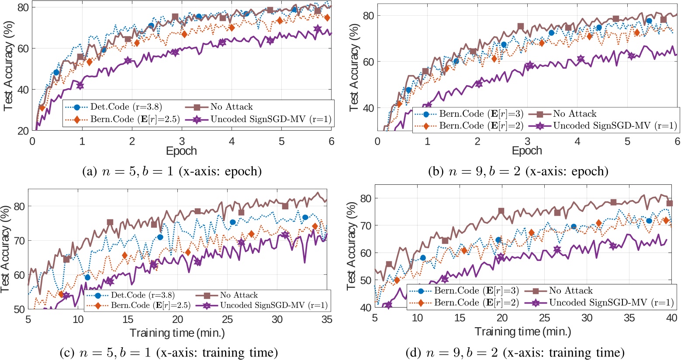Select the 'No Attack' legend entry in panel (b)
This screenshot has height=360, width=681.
pyautogui.click(x=574, y=114)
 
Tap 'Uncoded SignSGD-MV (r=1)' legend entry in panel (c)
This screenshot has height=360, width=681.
pyautogui.click(x=273, y=305)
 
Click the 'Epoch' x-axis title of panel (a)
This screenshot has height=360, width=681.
pyautogui.click(x=181, y=151)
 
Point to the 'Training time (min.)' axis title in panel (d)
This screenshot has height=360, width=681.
pyautogui.click(x=523, y=332)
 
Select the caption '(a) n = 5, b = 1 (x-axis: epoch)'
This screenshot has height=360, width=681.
pyautogui.click(x=172, y=171)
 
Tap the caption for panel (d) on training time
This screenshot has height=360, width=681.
pyautogui.click(x=523, y=352)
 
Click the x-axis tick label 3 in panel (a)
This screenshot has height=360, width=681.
pyautogui.click(x=182, y=141)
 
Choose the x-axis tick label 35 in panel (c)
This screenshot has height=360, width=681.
pyautogui.click(x=325, y=320)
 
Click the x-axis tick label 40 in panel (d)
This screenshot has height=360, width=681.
pyautogui.click(x=671, y=318)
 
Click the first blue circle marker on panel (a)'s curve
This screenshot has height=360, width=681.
pyautogui.click(x=56, y=73)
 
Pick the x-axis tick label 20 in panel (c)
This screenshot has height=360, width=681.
pyautogui.click(x=178, y=320)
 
